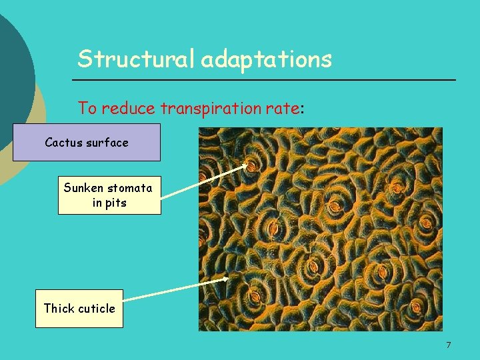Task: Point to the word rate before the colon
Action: click(x=284, y=107)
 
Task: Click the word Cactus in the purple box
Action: click(x=64, y=142)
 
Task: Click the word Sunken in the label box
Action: click(x=81, y=188)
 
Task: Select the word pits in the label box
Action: click(x=116, y=202)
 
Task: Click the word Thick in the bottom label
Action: click(x=59, y=308)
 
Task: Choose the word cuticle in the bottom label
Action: click(x=97, y=308)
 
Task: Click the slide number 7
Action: click(x=448, y=345)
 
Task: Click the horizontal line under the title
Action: click(x=267, y=80)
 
